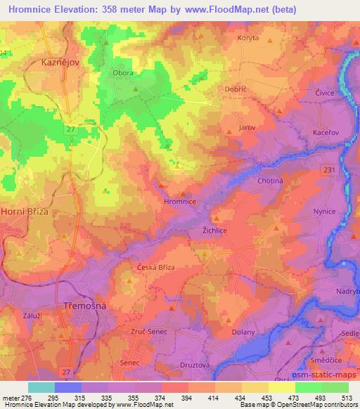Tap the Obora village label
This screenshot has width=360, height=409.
123,72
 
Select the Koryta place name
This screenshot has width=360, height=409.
249,38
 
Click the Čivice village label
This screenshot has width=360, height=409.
324,92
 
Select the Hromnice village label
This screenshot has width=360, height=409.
179,201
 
